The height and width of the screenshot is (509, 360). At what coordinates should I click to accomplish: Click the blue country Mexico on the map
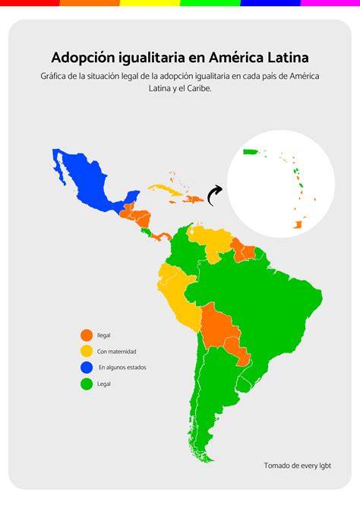[x=87, y=179]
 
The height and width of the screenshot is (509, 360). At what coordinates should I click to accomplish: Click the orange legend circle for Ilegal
[x=87, y=335]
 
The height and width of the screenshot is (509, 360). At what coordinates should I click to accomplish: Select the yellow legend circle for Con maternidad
[x=87, y=351]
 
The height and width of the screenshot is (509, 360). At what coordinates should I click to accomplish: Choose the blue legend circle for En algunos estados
[x=87, y=368]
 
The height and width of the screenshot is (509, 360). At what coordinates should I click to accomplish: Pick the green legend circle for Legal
[x=87, y=384]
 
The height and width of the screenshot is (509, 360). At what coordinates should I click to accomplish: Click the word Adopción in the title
[x=81, y=58]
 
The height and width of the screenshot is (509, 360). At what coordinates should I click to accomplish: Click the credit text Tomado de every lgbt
[x=298, y=465]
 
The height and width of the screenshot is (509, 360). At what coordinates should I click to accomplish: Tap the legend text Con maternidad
[x=117, y=352]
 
